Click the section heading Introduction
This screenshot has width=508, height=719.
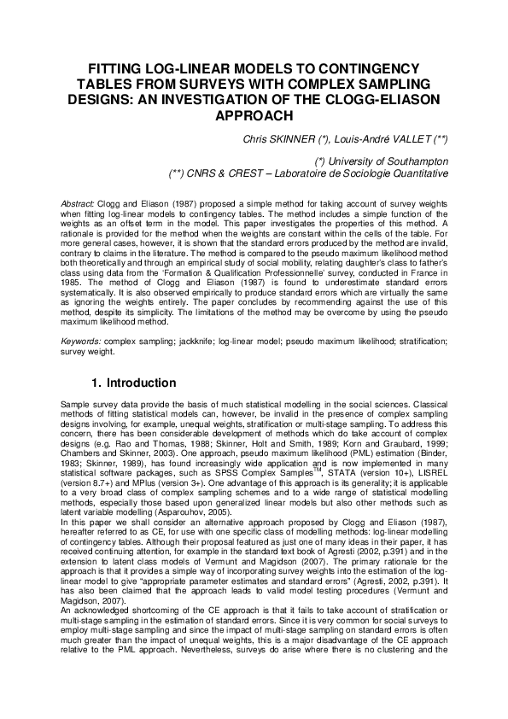pyautogui.click(x=141, y=383)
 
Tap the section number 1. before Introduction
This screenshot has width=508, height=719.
pyautogui.click(x=96, y=383)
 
